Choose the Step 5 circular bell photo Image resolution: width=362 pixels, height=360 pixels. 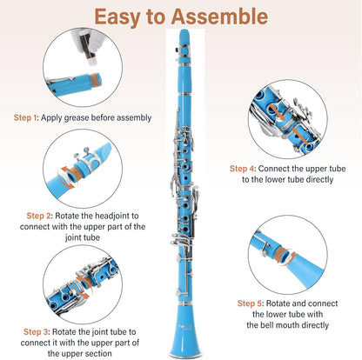287,252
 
